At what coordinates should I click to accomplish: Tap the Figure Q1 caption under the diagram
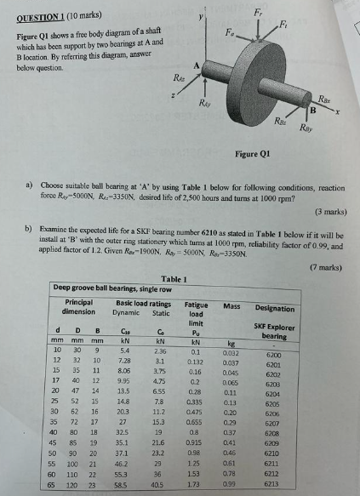pos(254,154)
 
